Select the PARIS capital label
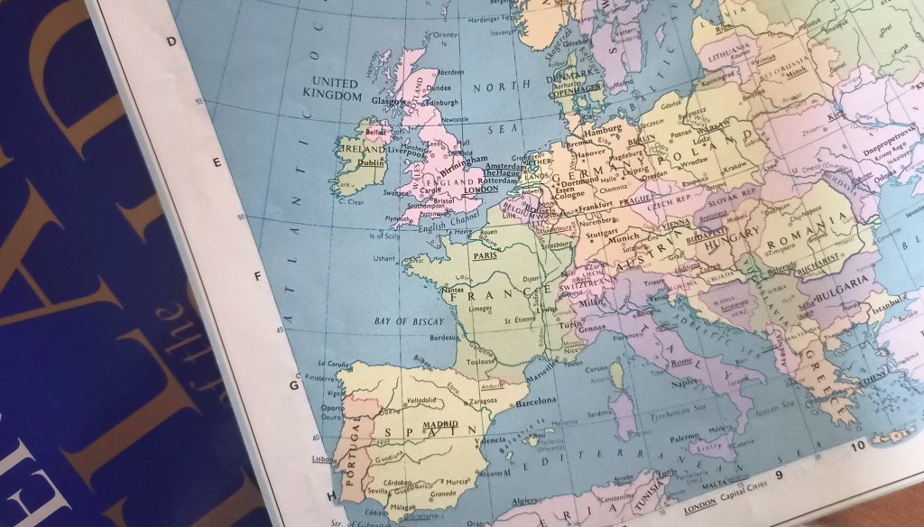tap(487, 254)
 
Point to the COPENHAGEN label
tap(578, 89)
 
